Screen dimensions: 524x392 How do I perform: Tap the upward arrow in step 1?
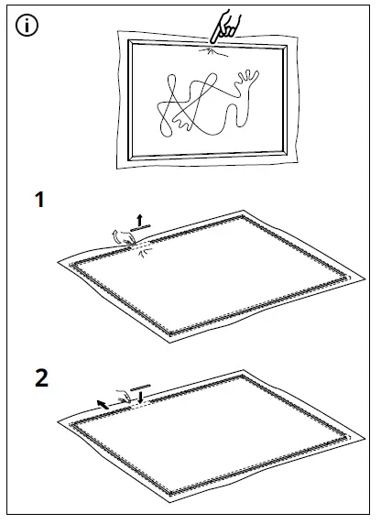coord(138,219)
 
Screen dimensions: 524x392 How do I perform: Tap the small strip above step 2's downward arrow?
coord(142,386)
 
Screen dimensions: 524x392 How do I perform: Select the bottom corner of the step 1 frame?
coord(175,331)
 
